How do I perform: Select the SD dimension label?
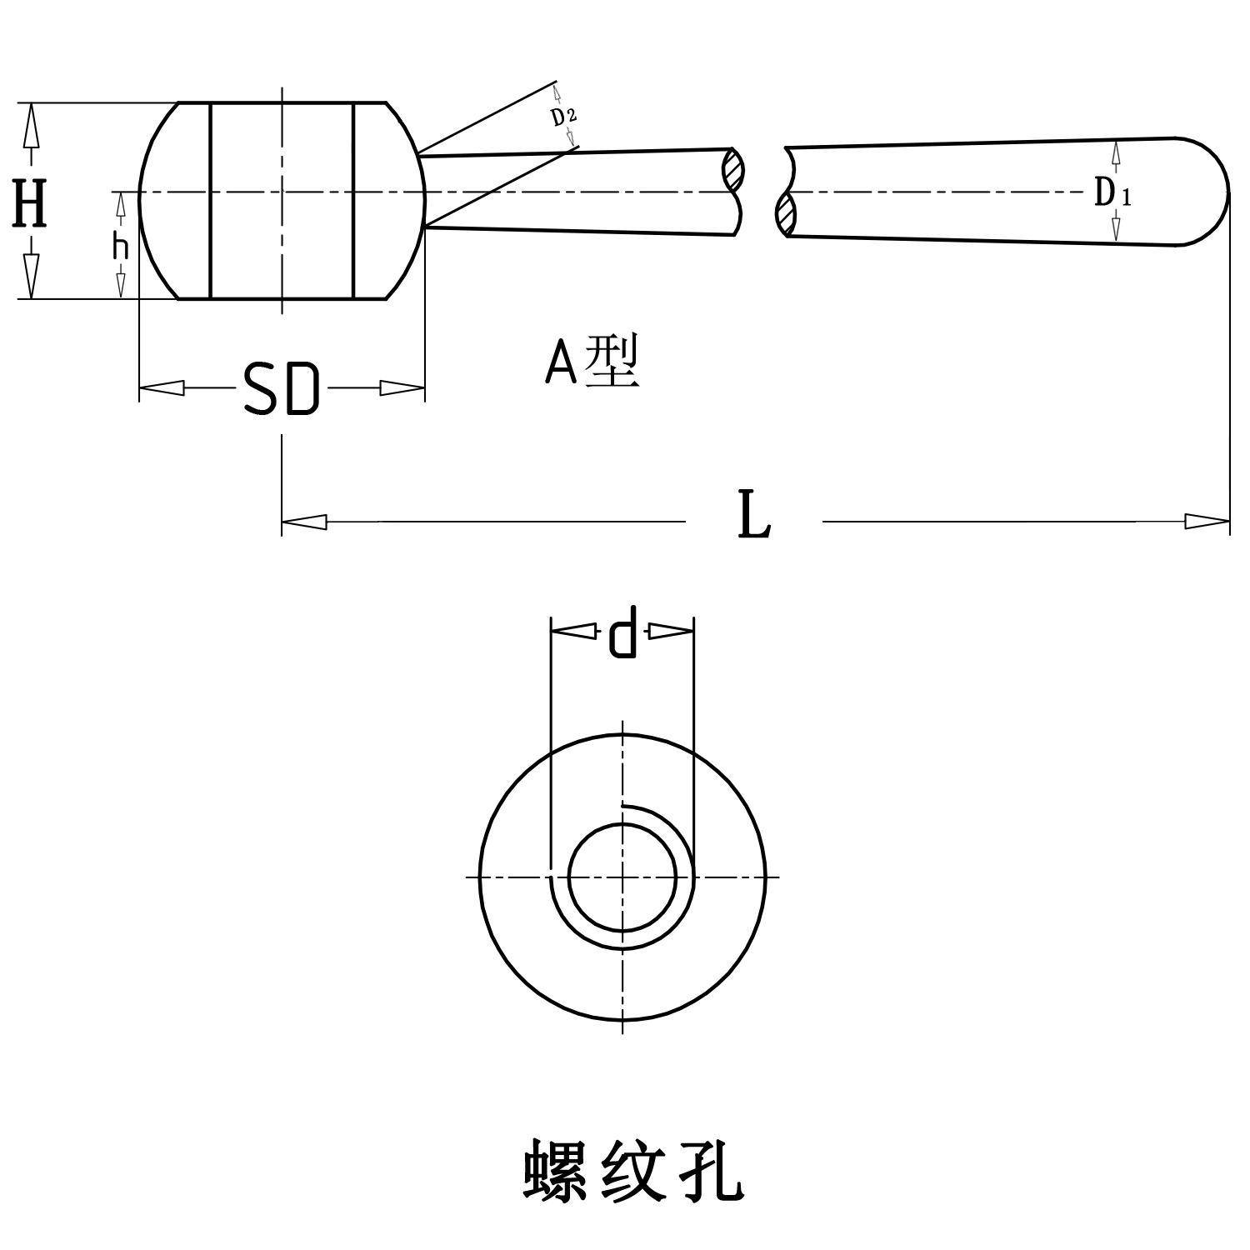coord(281,389)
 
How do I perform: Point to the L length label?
coord(754,517)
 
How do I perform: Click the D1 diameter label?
coord(1112,194)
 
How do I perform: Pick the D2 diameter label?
coord(564,116)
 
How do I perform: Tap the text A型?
coord(592,362)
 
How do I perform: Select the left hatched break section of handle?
coord(733,171)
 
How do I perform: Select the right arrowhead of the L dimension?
coord(1207,522)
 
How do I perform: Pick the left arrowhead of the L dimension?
coord(304,522)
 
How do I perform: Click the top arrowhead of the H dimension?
coord(32,125)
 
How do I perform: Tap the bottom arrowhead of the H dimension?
coord(32,277)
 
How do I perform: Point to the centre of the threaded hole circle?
coord(622,877)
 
